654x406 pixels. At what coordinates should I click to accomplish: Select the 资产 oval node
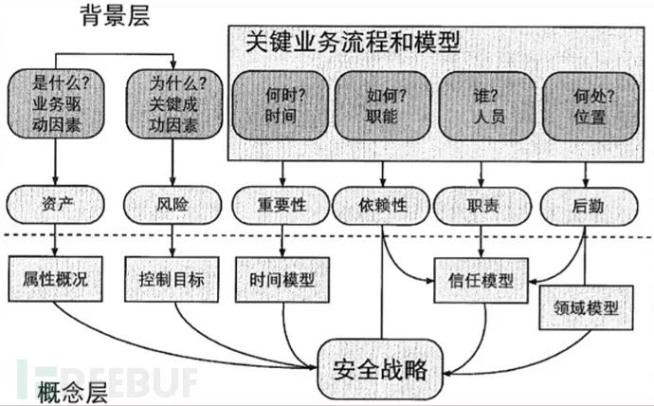tap(54, 203)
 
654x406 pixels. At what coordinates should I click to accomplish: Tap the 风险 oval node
tap(171, 203)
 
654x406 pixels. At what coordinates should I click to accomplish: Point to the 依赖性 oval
tap(382, 204)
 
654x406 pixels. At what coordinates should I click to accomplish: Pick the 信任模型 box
tap(481, 280)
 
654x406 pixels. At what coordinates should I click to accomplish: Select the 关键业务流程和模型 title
tap(353, 42)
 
